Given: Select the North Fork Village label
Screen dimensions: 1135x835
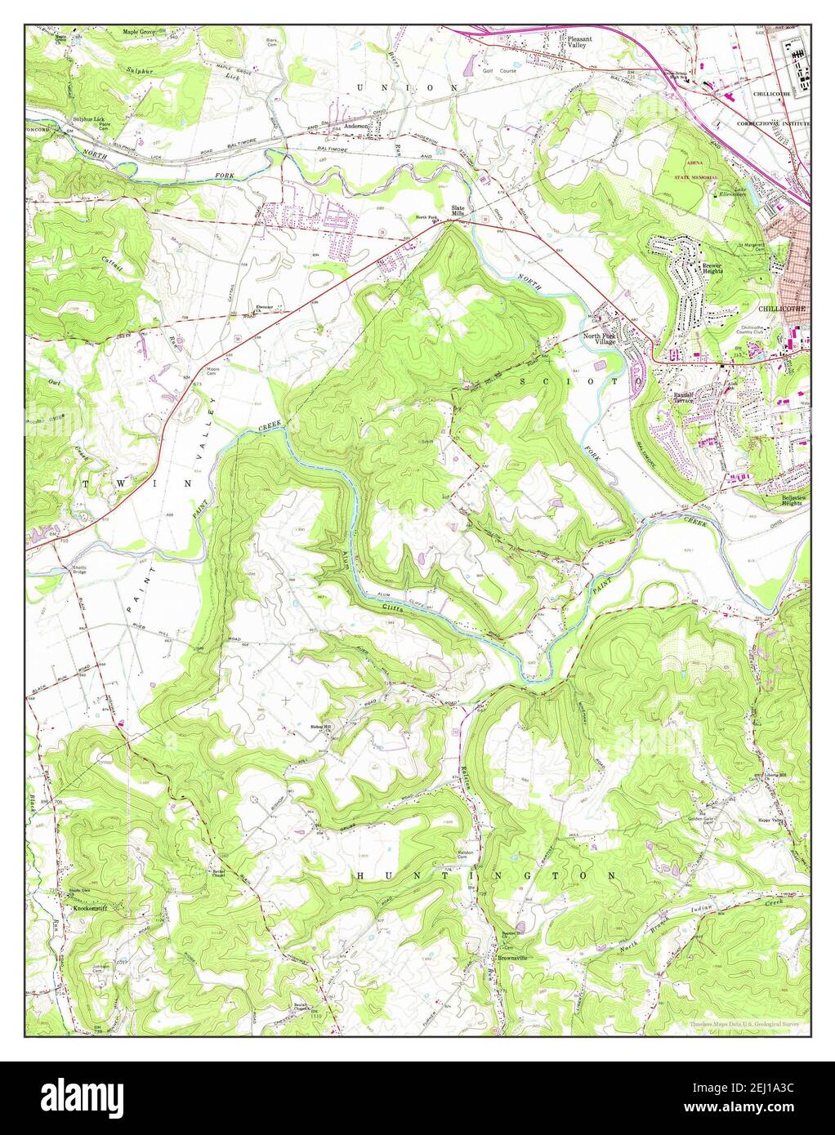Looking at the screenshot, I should click(601, 340).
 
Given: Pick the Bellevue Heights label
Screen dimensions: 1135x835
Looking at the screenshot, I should click(779, 501).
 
